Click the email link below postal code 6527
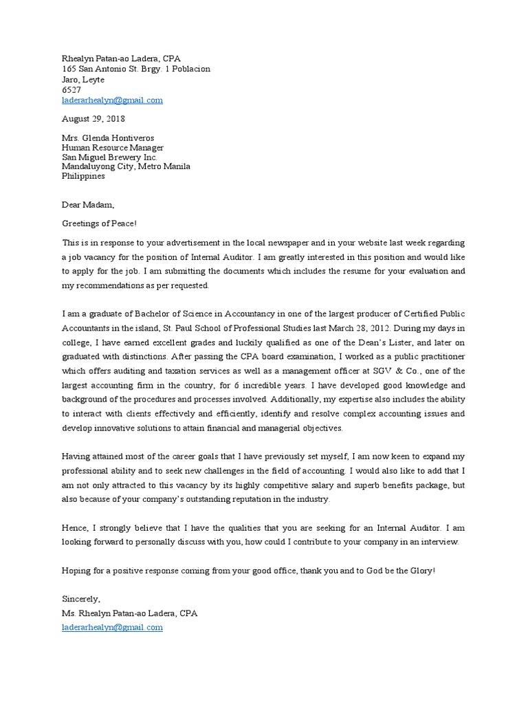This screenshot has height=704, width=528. [112, 100]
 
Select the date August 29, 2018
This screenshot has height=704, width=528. [93, 119]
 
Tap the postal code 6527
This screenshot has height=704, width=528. [71, 90]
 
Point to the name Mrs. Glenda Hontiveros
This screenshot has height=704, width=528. [108, 137]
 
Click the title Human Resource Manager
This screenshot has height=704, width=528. [113, 147]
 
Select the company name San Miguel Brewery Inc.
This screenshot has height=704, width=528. [109, 157]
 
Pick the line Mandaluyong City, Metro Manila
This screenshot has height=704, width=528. [126, 166]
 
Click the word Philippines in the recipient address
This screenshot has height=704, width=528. [83, 176]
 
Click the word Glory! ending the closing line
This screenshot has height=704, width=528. [420, 571]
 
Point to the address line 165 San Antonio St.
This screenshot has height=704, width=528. [135, 69]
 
